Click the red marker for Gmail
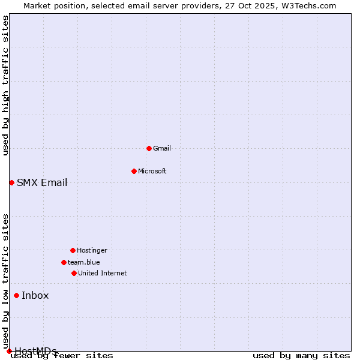[x=149, y=148]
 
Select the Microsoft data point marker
[x=134, y=171]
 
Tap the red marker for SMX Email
[x=11, y=182]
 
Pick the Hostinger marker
[x=73, y=250]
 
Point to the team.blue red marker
[x=64, y=262]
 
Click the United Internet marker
[x=74, y=273]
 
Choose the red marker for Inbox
[x=16, y=295]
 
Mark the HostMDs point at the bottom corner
[x=9, y=351]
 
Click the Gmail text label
[x=162, y=148]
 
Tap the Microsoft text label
[x=152, y=171]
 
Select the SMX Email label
[x=42, y=182]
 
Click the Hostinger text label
[x=92, y=250]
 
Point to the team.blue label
[x=84, y=262]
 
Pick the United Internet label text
[x=103, y=273]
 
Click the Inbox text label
[x=35, y=295]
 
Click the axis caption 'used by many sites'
[x=301, y=356]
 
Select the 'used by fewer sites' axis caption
[x=62, y=356]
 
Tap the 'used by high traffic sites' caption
[x=6, y=85]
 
